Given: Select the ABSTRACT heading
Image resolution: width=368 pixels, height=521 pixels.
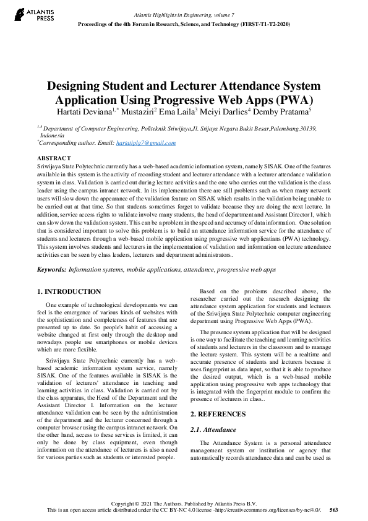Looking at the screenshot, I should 54,158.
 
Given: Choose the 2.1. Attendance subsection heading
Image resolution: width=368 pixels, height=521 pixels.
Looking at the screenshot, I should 213,429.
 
